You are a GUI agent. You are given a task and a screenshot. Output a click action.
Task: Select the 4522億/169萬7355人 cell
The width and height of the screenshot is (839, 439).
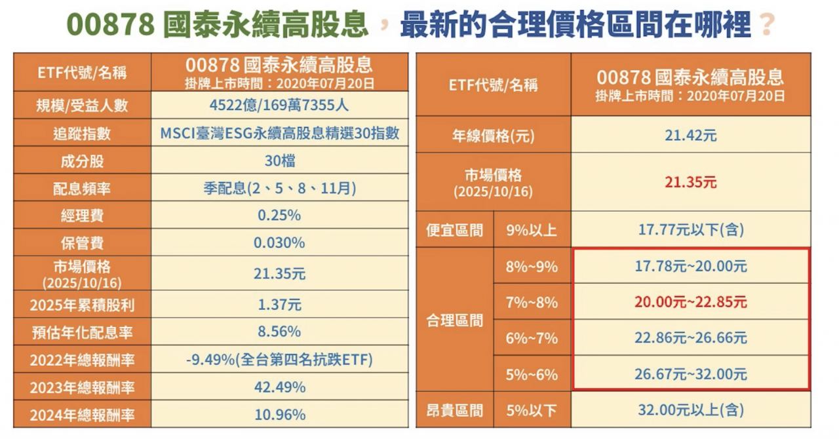279,105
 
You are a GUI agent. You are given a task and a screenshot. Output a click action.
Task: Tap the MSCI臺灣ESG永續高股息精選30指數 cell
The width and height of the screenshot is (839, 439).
279,134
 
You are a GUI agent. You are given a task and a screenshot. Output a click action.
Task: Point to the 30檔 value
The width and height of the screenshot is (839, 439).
279,161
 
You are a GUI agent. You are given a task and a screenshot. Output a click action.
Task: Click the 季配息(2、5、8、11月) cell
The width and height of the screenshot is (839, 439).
279,189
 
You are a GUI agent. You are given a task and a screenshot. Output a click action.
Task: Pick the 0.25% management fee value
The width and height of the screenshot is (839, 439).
279,216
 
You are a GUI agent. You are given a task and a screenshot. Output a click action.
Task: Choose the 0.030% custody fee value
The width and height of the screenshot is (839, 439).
279,243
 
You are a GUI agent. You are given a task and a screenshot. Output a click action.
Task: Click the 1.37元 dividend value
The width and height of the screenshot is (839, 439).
279,305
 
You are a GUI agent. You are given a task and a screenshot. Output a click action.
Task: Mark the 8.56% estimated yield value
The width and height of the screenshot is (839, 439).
279,332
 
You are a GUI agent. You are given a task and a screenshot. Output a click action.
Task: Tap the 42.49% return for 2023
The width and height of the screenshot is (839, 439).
279,387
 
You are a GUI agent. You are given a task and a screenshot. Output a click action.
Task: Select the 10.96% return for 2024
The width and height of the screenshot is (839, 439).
279,415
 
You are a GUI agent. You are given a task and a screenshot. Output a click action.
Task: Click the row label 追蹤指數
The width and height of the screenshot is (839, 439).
82,134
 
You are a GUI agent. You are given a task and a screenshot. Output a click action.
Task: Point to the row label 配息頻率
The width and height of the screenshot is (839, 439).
82,189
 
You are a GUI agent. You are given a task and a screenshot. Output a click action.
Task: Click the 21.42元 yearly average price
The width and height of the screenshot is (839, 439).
690,136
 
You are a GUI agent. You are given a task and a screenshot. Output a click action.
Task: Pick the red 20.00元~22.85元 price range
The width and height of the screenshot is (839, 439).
690,302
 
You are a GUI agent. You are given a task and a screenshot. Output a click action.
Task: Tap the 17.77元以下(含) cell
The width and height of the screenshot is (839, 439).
690,230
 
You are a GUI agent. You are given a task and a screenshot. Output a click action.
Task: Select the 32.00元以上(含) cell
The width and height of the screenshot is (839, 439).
690,411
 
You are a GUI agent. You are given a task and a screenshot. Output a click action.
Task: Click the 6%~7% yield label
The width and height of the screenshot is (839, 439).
532,338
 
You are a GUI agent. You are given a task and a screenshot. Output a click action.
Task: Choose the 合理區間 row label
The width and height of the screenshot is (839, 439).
454,320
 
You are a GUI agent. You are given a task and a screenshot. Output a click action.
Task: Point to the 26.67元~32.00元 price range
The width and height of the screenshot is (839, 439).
690,374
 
